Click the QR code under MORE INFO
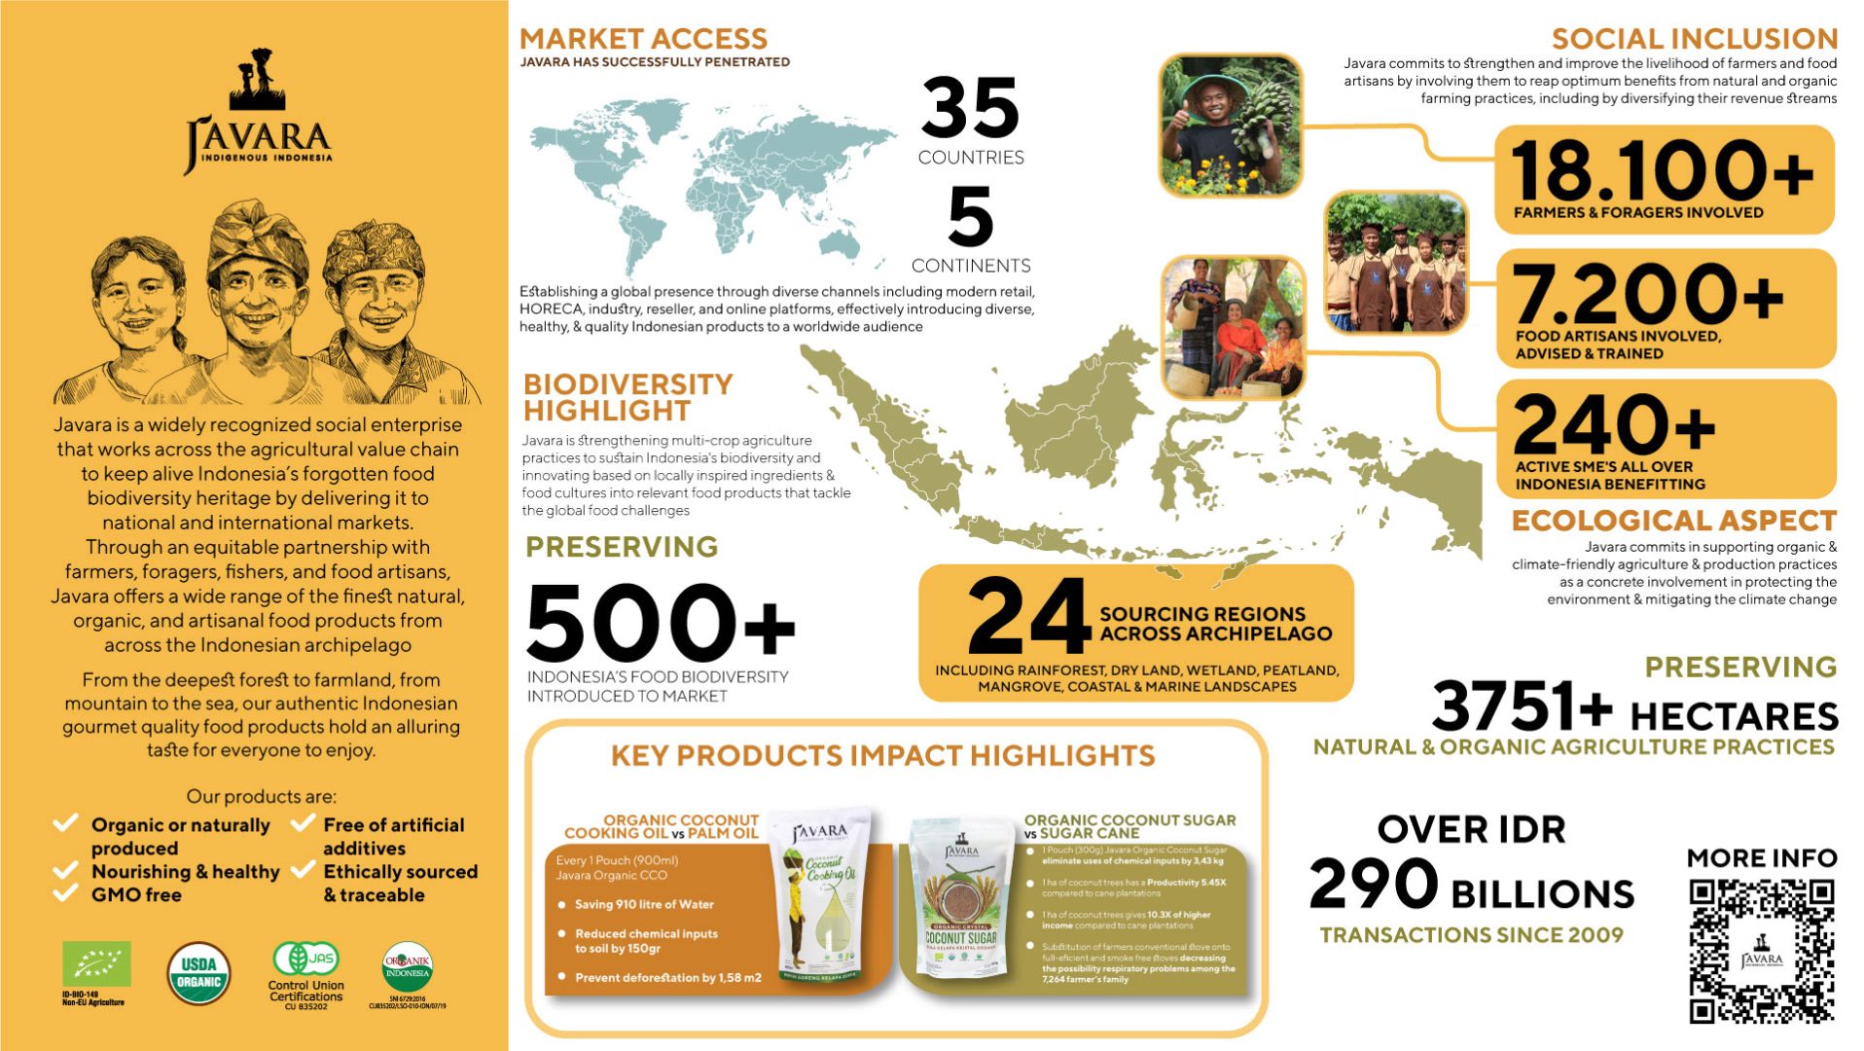click(x=1761, y=950)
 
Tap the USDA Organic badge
click(x=199, y=973)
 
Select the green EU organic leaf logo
click(x=96, y=964)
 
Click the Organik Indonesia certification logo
click(x=408, y=967)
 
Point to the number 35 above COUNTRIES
click(x=970, y=108)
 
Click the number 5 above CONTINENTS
click(x=970, y=217)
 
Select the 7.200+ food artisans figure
click(x=1648, y=293)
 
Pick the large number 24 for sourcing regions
click(x=1028, y=616)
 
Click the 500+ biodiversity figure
click(x=660, y=623)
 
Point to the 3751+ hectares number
click(x=1521, y=706)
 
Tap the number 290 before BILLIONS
click(x=1373, y=884)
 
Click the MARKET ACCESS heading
click(x=643, y=39)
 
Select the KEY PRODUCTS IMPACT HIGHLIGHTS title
click(x=882, y=756)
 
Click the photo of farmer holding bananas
click(x=1231, y=126)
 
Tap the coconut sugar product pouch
click(x=960, y=902)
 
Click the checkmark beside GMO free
click(x=65, y=893)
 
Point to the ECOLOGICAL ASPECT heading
click(x=1673, y=521)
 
